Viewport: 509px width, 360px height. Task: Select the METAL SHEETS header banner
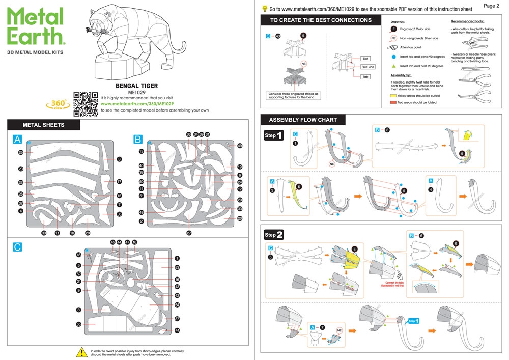44,125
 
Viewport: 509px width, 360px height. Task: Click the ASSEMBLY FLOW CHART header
303,120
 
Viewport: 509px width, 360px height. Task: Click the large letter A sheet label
18,139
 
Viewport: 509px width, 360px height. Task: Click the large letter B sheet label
138,139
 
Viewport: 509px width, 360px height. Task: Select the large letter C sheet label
18,247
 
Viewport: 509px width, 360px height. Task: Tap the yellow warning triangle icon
81,351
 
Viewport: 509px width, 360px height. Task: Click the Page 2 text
491,6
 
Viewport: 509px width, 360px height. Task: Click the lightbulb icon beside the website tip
265,8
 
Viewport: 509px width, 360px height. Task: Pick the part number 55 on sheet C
79,324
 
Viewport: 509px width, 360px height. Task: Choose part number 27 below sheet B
189,233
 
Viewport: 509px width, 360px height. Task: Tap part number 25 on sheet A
21,152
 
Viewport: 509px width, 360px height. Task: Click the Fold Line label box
367,67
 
